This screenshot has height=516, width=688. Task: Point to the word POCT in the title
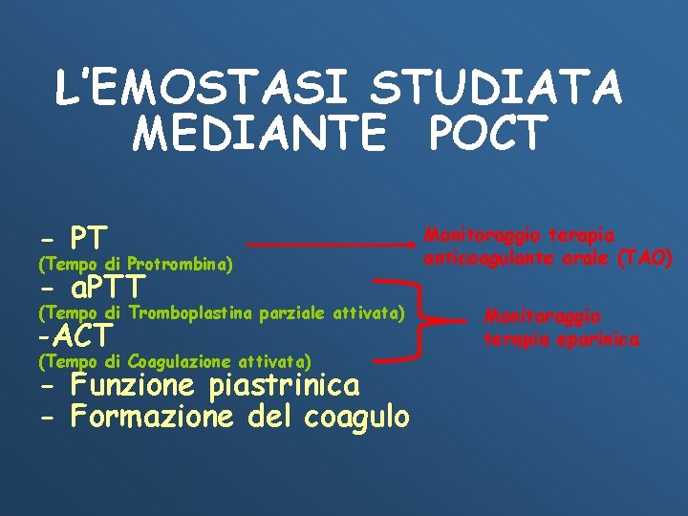tap(488, 135)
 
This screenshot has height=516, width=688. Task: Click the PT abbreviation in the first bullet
tap(89, 237)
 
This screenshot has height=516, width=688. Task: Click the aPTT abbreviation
tap(107, 286)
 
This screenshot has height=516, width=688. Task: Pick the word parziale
tap(289, 312)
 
